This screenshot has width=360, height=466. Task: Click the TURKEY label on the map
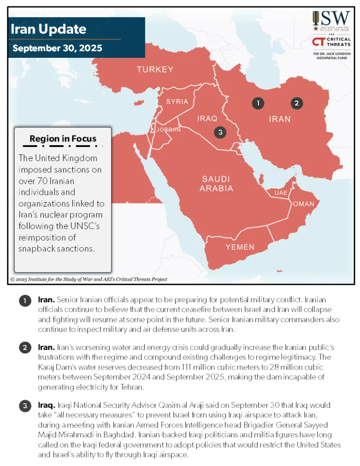click(x=155, y=70)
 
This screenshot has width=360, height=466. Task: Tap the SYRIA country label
click(x=177, y=101)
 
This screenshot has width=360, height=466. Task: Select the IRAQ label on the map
click(x=207, y=118)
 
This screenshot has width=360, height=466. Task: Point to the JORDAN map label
click(x=168, y=130)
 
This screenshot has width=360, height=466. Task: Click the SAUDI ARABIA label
click(x=217, y=183)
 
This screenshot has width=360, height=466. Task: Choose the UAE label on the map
click(x=281, y=193)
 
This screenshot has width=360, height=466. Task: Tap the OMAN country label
click(x=303, y=204)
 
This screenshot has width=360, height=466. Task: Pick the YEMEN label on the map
click(x=240, y=247)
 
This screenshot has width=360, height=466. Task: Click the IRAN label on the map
click(x=279, y=119)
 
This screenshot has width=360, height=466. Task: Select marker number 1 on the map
click(x=258, y=103)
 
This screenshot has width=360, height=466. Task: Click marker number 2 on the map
click(x=296, y=103)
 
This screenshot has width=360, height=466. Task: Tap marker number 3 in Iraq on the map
click(x=220, y=132)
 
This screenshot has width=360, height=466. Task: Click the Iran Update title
click(x=48, y=30)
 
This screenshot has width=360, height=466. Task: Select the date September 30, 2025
click(x=57, y=48)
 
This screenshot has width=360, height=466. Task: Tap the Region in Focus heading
click(x=63, y=139)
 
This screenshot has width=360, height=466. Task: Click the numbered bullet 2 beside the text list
click(x=25, y=348)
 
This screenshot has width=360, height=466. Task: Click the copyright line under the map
click(x=89, y=279)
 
